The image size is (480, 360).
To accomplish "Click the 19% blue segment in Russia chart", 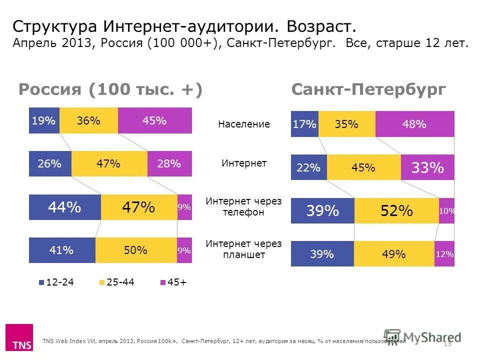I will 44,120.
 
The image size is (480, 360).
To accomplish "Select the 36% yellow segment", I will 88,120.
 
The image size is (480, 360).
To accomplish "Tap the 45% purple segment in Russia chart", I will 154,120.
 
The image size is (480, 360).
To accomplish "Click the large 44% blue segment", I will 65,207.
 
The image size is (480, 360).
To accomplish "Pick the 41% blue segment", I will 62,250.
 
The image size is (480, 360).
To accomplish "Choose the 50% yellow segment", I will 136,250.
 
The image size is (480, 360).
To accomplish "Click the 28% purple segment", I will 169,163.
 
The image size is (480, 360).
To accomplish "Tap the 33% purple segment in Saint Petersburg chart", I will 427,167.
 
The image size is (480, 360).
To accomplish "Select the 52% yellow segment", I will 396,210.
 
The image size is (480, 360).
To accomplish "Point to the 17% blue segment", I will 304,124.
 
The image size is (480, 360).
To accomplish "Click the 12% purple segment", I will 444,254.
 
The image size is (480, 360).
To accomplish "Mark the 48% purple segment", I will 414,124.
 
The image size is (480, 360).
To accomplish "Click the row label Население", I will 243,124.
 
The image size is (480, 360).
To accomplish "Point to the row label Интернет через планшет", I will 243,249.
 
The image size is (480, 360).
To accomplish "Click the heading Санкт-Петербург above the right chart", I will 368,89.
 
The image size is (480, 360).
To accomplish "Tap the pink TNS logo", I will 19,337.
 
